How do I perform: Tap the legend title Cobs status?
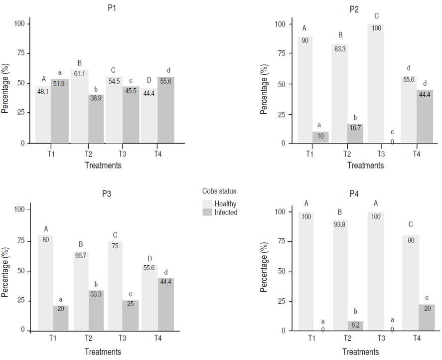(x=219, y=191)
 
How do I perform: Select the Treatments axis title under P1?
(x=103, y=165)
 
